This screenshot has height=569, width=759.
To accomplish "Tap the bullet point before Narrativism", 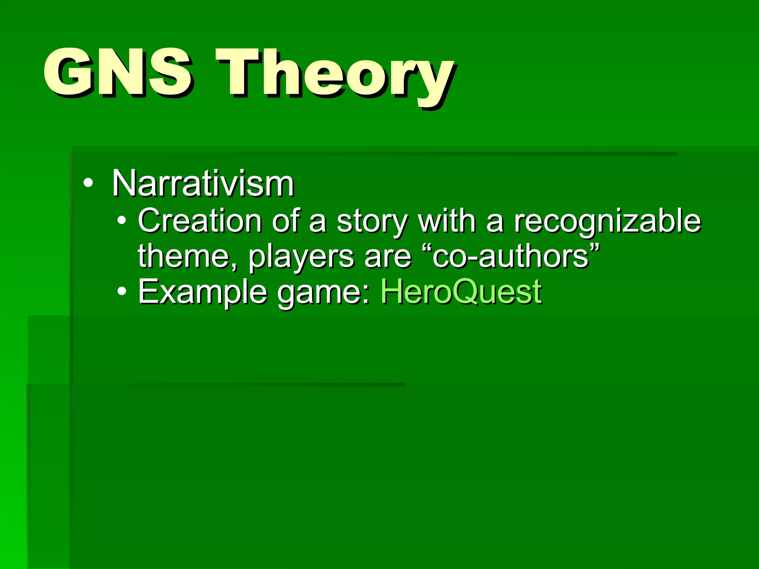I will (x=88, y=183).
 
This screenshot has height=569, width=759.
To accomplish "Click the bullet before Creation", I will (x=122, y=221).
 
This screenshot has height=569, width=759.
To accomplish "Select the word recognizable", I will (x=607, y=222).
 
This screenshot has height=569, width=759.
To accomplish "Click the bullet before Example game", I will (x=122, y=292).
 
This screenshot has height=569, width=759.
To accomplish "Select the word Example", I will (x=202, y=293).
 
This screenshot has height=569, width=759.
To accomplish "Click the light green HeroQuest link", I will (x=461, y=292).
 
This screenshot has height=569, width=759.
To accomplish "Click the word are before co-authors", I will (x=388, y=257).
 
